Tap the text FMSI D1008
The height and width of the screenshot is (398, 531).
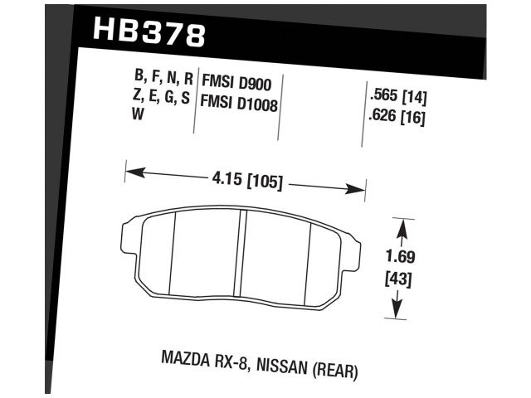pos(240,104)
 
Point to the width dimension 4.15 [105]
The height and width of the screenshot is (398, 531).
pos(245,179)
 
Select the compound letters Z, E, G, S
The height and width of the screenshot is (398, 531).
pos(163,99)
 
